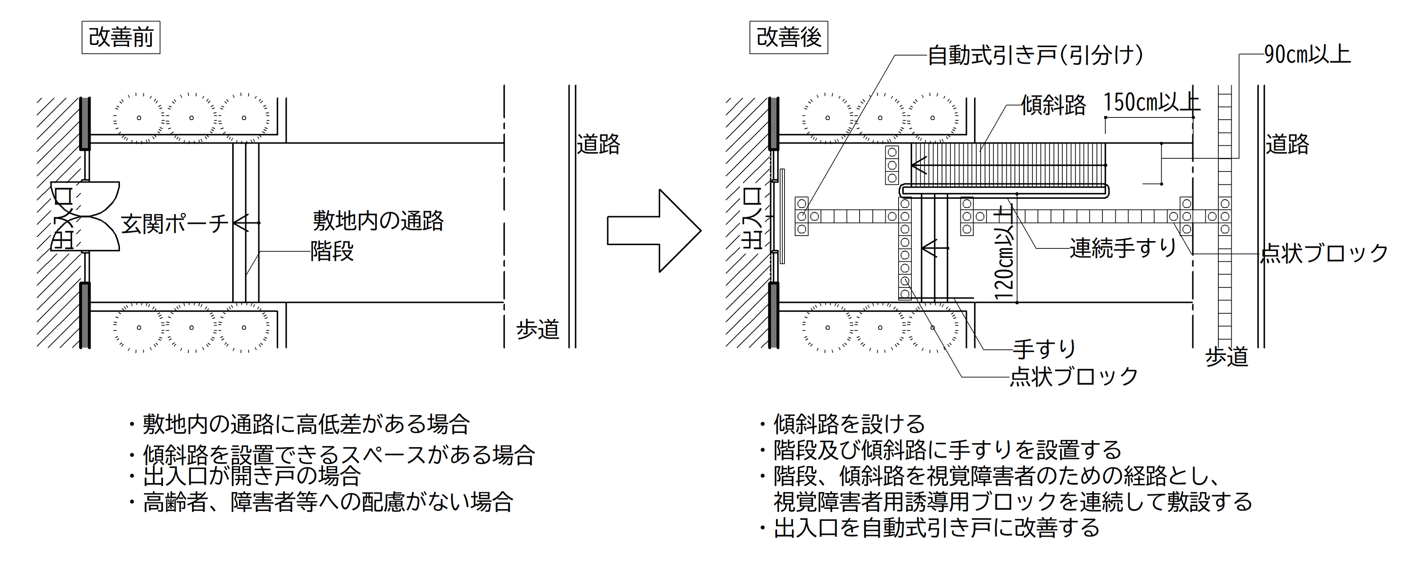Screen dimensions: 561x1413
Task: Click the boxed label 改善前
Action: [x=121, y=37]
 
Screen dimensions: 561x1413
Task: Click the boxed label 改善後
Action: [x=788, y=37]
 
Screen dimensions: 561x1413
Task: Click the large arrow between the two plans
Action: [x=653, y=230]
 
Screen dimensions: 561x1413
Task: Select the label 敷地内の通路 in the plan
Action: [x=378, y=220]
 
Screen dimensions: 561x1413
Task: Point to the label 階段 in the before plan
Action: [x=332, y=251]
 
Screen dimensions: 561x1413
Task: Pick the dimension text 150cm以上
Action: [x=1151, y=103]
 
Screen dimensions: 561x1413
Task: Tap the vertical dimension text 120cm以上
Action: [x=1004, y=253]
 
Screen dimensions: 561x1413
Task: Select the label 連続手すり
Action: [x=1123, y=248]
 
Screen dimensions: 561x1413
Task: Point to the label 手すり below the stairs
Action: [x=1044, y=349]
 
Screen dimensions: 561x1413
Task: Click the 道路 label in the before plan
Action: [x=598, y=144]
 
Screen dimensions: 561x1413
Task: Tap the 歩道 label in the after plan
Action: [x=1226, y=357]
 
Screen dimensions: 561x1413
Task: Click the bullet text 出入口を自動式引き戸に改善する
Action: [x=936, y=528]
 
